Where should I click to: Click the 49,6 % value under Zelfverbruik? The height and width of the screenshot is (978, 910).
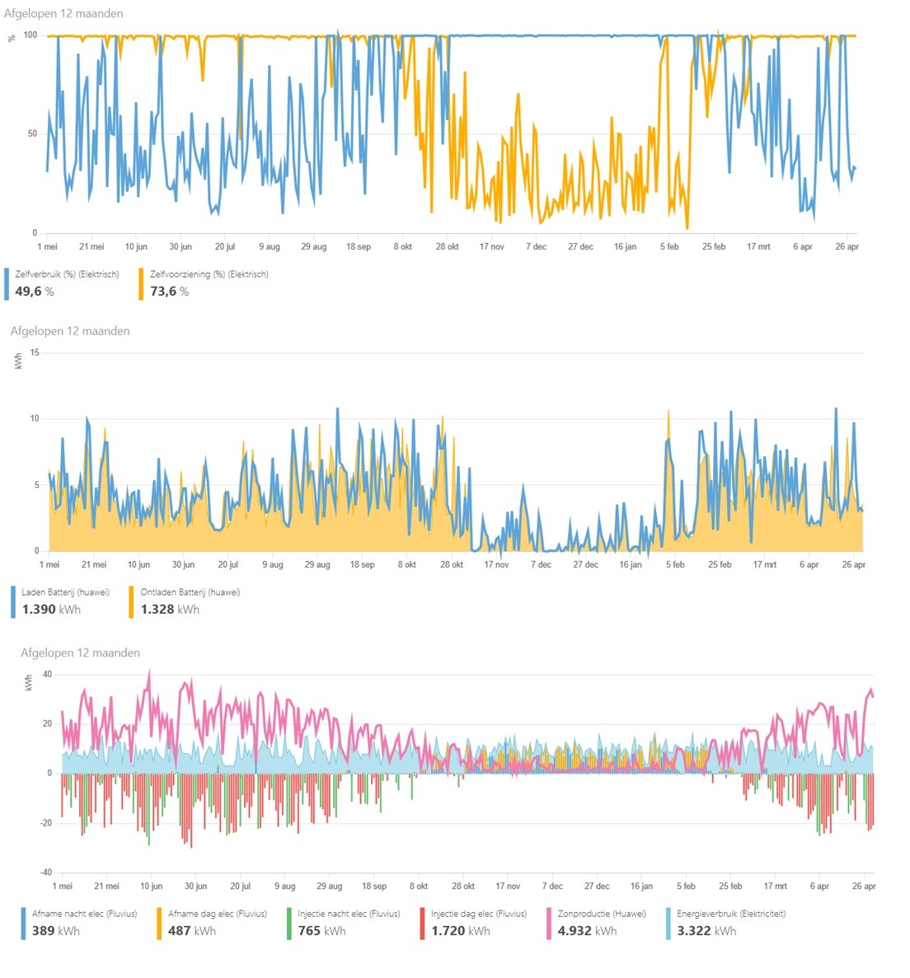pos(35,291)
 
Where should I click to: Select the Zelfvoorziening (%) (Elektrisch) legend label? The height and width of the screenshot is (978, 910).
pos(209,274)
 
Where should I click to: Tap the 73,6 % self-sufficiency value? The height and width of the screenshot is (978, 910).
pos(169,291)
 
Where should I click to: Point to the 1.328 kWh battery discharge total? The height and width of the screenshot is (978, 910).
pos(170,610)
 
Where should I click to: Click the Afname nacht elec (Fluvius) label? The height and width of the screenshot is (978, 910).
pos(84,914)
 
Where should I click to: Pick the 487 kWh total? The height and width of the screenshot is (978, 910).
pos(191,931)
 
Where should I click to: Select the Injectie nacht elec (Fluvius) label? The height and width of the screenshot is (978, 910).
pos(349,914)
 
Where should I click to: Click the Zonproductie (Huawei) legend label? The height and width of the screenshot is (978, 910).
pos(602,914)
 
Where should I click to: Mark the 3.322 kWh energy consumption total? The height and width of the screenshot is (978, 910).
pos(706,931)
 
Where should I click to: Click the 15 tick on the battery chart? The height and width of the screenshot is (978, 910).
pos(35,353)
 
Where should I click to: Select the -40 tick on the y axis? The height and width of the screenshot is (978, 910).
pos(46,873)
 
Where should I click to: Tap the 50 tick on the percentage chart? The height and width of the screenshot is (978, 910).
pos(32,133)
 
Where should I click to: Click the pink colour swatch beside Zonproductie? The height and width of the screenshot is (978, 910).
pos(548,924)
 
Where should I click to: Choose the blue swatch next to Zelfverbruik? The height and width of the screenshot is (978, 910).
pos(7,283)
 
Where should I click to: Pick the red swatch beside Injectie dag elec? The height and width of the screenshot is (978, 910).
pos(422,924)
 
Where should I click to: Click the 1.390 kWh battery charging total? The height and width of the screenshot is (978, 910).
pos(51,610)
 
